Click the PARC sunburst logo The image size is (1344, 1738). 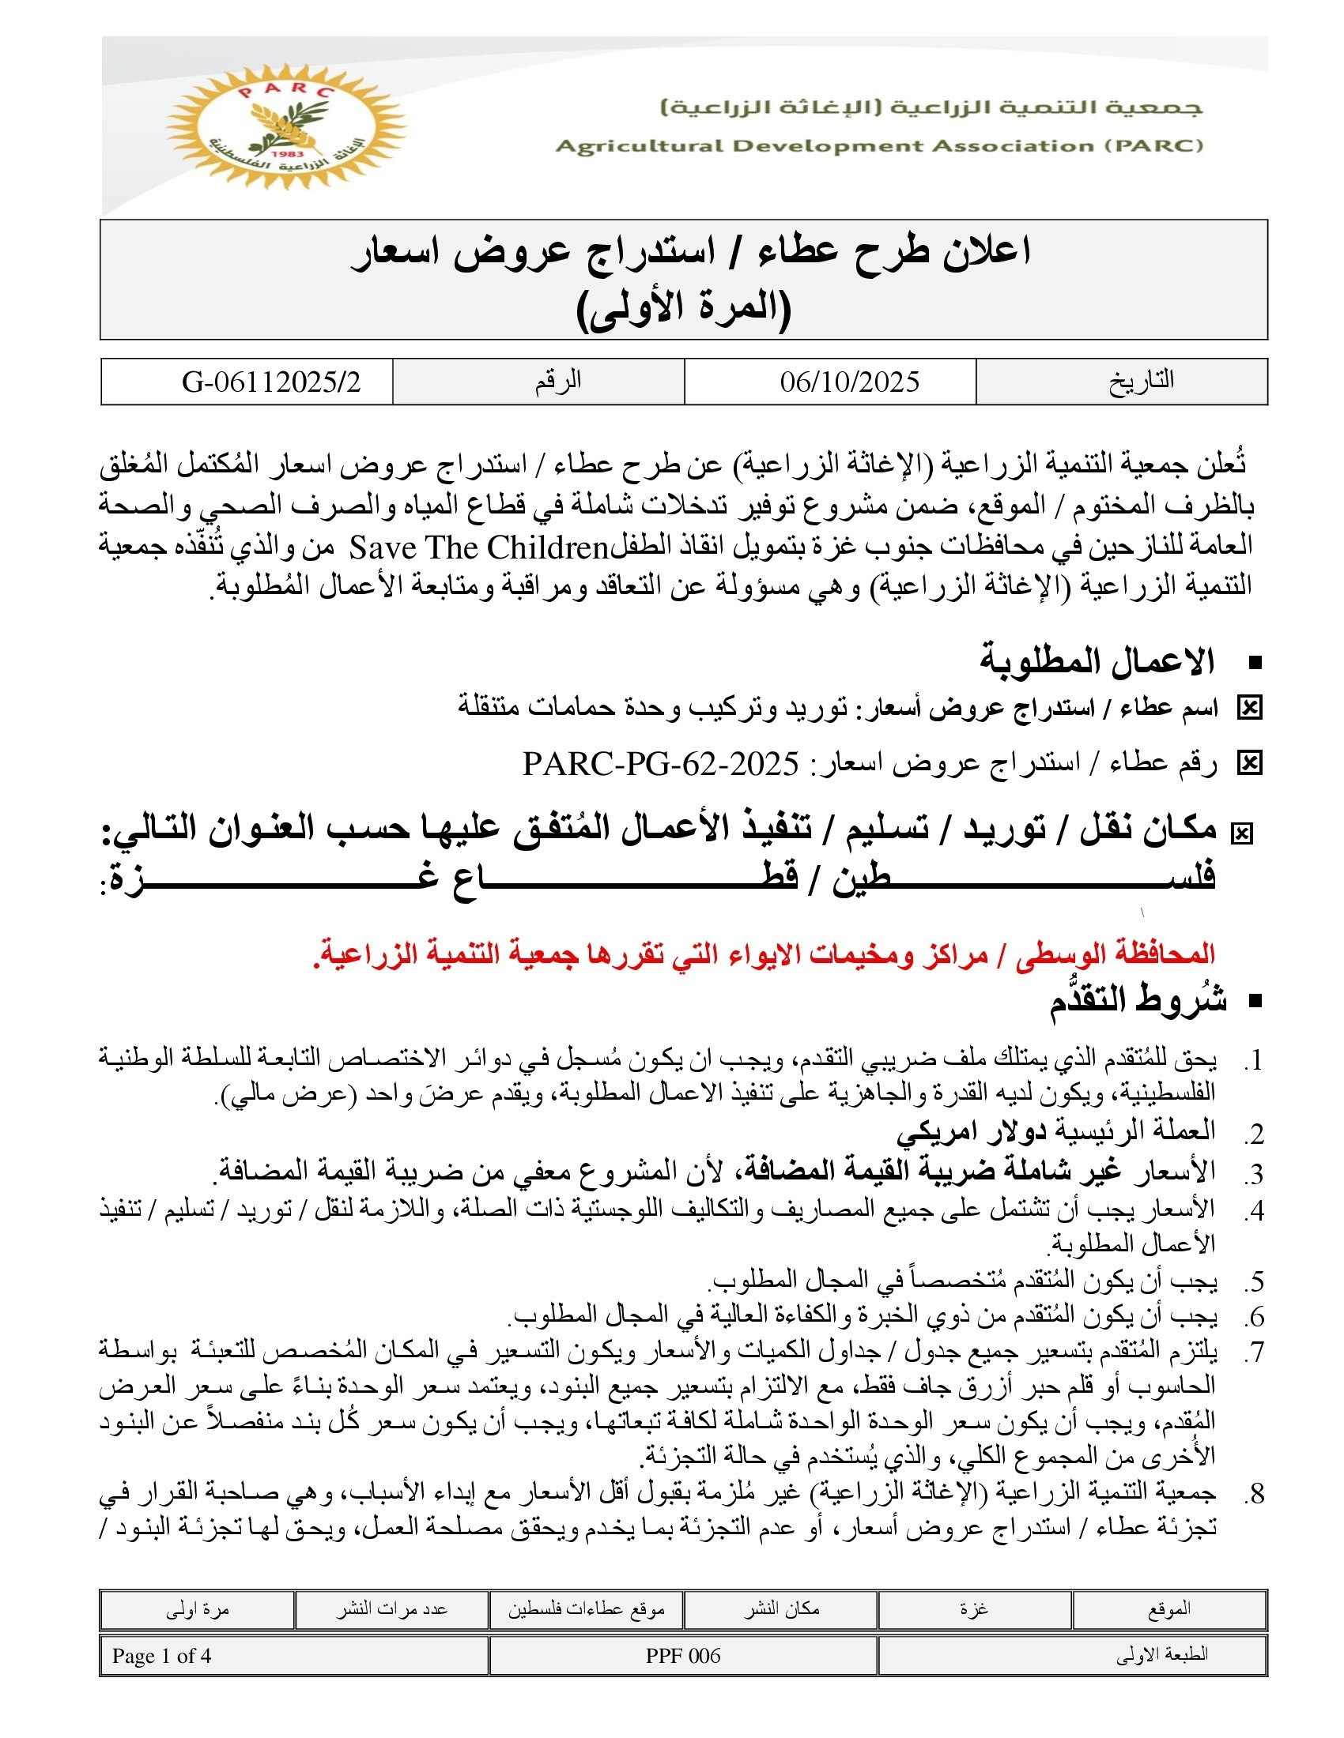point(286,128)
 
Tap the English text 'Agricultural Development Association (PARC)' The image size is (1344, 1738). point(879,145)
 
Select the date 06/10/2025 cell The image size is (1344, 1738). point(849,382)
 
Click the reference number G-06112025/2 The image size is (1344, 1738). point(270,382)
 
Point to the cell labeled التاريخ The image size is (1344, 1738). point(1141,382)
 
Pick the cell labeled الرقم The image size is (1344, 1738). point(557,382)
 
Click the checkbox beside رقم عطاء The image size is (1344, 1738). point(1248,764)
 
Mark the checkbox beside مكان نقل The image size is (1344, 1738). point(1241,833)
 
